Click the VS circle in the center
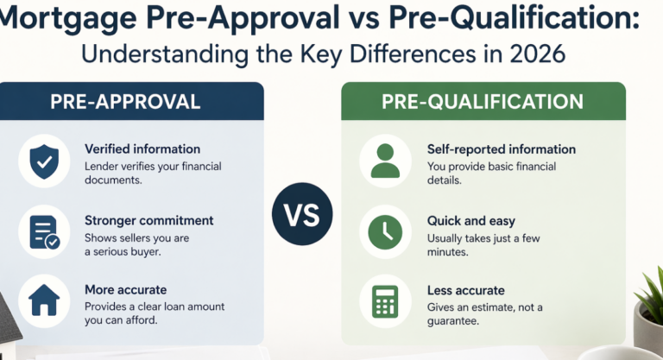[302, 214]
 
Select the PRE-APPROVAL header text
[125, 101]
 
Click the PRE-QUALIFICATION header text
[482, 101]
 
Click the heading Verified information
[142, 149]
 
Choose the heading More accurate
[125, 290]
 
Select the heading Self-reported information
[501, 149]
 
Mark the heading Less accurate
[465, 290]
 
